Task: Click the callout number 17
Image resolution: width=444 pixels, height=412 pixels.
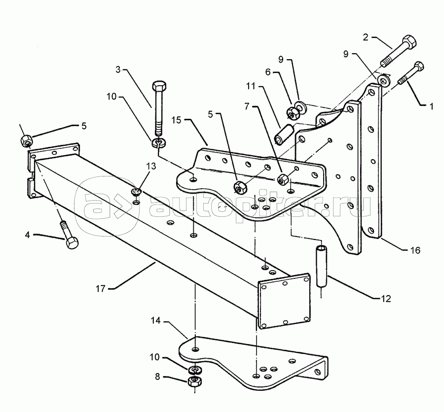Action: coord(100,289)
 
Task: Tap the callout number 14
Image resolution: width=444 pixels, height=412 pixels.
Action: coord(155,321)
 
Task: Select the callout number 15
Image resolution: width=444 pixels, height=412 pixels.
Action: coord(176,120)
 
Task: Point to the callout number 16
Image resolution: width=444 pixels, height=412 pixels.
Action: coord(415,250)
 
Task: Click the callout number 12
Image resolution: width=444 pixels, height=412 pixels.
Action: coord(386,299)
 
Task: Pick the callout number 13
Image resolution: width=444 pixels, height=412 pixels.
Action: coord(151,166)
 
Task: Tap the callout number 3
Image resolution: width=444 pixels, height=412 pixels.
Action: coord(118,69)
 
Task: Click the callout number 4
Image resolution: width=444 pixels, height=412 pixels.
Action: coord(27,235)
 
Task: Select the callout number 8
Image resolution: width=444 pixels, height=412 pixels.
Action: coord(157,377)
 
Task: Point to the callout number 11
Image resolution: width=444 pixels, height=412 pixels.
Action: coord(251,86)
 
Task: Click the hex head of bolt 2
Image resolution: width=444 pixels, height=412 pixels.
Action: coord(409,41)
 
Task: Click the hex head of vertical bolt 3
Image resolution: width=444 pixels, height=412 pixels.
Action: coord(159,86)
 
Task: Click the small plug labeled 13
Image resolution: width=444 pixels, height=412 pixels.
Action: coord(137,192)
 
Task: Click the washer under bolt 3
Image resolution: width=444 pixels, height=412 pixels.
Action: coord(159,142)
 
